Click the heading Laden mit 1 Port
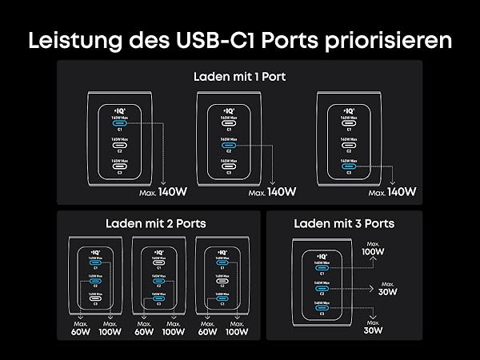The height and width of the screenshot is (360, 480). pos(239,78)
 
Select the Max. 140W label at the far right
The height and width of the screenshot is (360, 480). pos(391,192)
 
